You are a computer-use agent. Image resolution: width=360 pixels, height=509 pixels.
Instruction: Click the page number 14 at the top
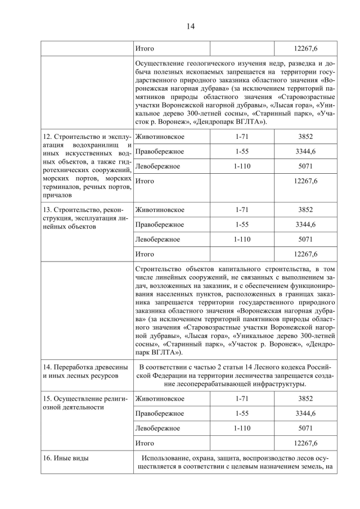(179, 26)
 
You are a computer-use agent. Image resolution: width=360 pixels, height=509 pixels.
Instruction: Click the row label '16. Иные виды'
(66, 458)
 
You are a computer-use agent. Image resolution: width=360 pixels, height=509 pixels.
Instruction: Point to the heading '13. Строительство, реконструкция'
(85, 210)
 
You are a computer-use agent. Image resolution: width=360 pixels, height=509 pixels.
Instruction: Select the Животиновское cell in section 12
(160, 137)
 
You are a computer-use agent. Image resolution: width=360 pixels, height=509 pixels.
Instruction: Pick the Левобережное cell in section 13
(157, 239)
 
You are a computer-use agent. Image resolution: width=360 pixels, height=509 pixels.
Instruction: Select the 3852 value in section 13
(305, 210)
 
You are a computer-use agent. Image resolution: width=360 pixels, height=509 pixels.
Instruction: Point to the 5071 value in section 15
(305, 428)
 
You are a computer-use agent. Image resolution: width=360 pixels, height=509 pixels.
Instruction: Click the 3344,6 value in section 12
(305, 151)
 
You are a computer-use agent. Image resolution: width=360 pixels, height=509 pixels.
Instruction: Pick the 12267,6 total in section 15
(305, 443)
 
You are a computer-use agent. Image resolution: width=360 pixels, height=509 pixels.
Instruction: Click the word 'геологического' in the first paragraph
(215, 64)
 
